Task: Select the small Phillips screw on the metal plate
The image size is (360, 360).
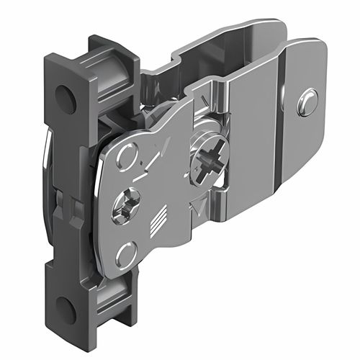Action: click(x=123, y=206)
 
